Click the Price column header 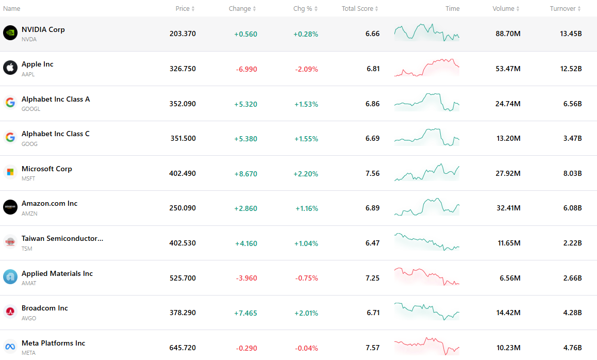tap(183, 8)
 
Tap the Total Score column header tap(357, 8)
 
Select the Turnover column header tap(562, 8)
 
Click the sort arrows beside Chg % tap(316, 9)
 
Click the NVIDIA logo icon tap(10, 33)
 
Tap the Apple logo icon tap(10, 68)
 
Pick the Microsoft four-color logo tap(10, 172)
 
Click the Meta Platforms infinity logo tap(10, 347)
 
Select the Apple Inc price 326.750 tap(183, 69)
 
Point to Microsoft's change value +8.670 tap(245, 174)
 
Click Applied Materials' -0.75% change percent tap(307, 278)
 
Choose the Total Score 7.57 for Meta tap(372, 348)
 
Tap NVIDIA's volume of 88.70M tap(508, 34)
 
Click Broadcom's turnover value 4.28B tap(572, 313)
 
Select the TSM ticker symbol tap(27, 249)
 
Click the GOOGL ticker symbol tap(31, 109)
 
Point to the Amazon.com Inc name tap(49, 203)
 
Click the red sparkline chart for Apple tap(427, 68)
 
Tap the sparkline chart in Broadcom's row tap(427, 311)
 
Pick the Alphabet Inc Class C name tap(56, 134)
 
